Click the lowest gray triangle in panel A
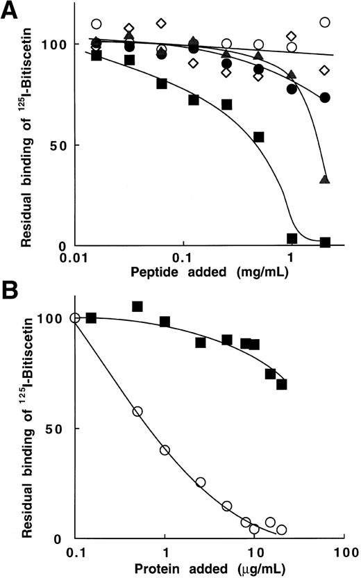[x=324, y=180]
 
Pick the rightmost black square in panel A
[x=324, y=242]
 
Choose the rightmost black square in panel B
[x=281, y=384]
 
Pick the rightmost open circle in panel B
[x=281, y=529]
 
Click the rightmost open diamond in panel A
[x=324, y=70]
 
